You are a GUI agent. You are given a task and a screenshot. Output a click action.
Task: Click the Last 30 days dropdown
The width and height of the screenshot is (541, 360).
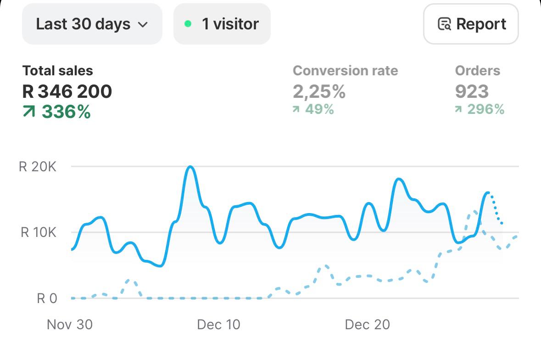pyautogui.click(x=92, y=24)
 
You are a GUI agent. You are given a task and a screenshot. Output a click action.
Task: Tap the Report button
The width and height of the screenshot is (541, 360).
pyautogui.click(x=471, y=24)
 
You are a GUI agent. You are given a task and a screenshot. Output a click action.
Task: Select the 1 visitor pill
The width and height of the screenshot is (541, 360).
pyautogui.click(x=222, y=24)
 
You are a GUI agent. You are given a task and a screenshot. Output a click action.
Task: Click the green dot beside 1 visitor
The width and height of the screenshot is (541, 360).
pyautogui.click(x=188, y=24)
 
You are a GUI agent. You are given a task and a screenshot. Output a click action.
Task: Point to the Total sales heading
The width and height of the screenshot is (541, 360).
pyautogui.click(x=57, y=71)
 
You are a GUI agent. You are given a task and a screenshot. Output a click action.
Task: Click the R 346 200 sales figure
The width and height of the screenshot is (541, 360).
pyautogui.click(x=67, y=92)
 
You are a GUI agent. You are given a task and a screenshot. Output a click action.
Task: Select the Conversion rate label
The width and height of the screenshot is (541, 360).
pyautogui.click(x=345, y=71)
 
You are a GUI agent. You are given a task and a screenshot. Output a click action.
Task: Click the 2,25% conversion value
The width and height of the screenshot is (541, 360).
pyautogui.click(x=319, y=92)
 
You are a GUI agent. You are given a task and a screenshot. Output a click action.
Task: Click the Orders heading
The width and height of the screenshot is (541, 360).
pyautogui.click(x=477, y=71)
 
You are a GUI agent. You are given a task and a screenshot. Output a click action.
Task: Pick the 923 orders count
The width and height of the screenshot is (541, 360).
pyautogui.click(x=472, y=92)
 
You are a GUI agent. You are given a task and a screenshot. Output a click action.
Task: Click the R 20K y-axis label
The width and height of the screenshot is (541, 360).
pyautogui.click(x=38, y=167)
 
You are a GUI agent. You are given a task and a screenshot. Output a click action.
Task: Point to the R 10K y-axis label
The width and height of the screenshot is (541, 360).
pyautogui.click(x=39, y=232)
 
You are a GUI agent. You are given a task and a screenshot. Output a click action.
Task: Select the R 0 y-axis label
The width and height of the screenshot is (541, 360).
pyautogui.click(x=47, y=299)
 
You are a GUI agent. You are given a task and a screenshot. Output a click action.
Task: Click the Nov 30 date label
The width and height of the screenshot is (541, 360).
pyautogui.click(x=70, y=325)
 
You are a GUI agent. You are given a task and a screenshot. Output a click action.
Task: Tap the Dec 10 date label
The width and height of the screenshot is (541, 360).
pyautogui.click(x=218, y=325)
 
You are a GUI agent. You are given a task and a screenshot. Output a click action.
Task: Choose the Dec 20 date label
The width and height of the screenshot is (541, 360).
pyautogui.click(x=367, y=325)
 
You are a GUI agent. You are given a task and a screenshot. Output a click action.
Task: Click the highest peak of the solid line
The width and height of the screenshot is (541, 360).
pyautogui.click(x=190, y=167)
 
